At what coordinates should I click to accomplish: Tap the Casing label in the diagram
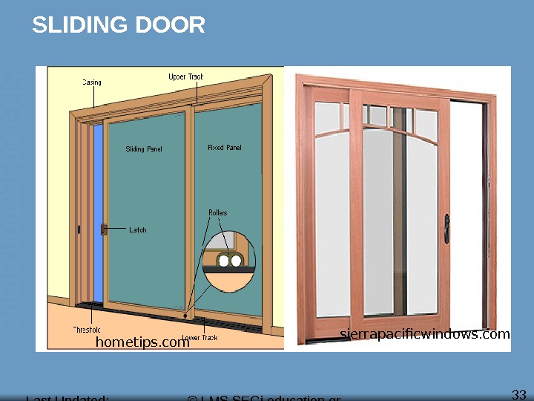tap(91, 82)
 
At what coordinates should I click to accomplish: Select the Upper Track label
tap(185, 76)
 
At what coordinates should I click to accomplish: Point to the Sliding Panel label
tap(144, 149)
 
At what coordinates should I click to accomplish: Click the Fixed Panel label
tap(224, 148)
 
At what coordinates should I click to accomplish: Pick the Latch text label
tap(138, 230)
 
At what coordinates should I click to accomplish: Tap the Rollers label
tap(217, 213)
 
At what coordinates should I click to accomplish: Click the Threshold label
tap(87, 330)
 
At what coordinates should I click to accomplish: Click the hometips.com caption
tap(142, 342)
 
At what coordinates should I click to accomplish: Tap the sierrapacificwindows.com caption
tap(425, 334)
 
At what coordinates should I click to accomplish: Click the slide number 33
tap(519, 394)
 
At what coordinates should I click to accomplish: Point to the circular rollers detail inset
tap(229, 259)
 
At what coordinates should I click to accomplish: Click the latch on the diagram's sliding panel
tap(104, 230)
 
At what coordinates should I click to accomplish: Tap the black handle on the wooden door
tap(446, 228)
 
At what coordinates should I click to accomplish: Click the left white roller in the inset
tap(223, 261)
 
